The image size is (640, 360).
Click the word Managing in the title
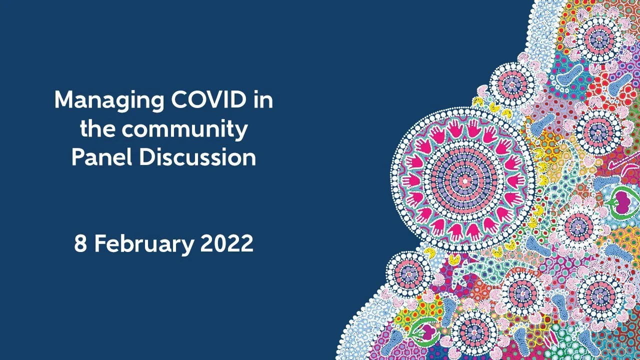(109, 101)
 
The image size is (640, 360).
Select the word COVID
(209, 100)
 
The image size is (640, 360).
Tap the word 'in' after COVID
(263, 100)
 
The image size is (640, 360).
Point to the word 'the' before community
(98, 129)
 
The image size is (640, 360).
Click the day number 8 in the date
(80, 244)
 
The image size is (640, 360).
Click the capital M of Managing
(64, 100)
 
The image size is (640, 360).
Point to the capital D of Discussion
(147, 157)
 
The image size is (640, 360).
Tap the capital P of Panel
(78, 157)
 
